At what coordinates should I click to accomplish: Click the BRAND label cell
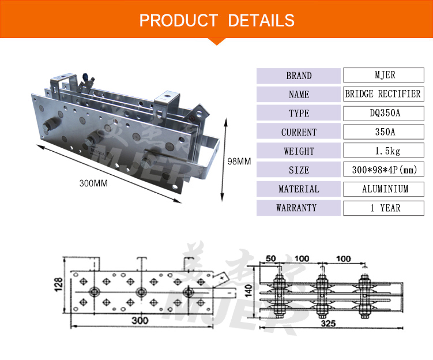pos(299,76)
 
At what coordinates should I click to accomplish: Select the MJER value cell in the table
pos(383,75)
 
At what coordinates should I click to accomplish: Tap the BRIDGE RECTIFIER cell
pos(383,94)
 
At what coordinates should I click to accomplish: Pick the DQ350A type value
pos(383,113)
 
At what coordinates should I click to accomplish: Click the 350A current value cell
pos(383,132)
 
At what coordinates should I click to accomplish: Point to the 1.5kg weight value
pos(383,151)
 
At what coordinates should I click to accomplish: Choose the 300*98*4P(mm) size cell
pos(383,170)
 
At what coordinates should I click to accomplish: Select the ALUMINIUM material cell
pos(383,189)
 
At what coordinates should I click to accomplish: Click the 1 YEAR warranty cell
pos(383,208)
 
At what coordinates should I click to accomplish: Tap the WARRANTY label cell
pos(299,208)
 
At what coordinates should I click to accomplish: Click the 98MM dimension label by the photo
pos(239,162)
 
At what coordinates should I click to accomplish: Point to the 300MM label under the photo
pos(94,183)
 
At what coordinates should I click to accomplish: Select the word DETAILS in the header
pos(261,21)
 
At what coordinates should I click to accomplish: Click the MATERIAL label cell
pos(299,189)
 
